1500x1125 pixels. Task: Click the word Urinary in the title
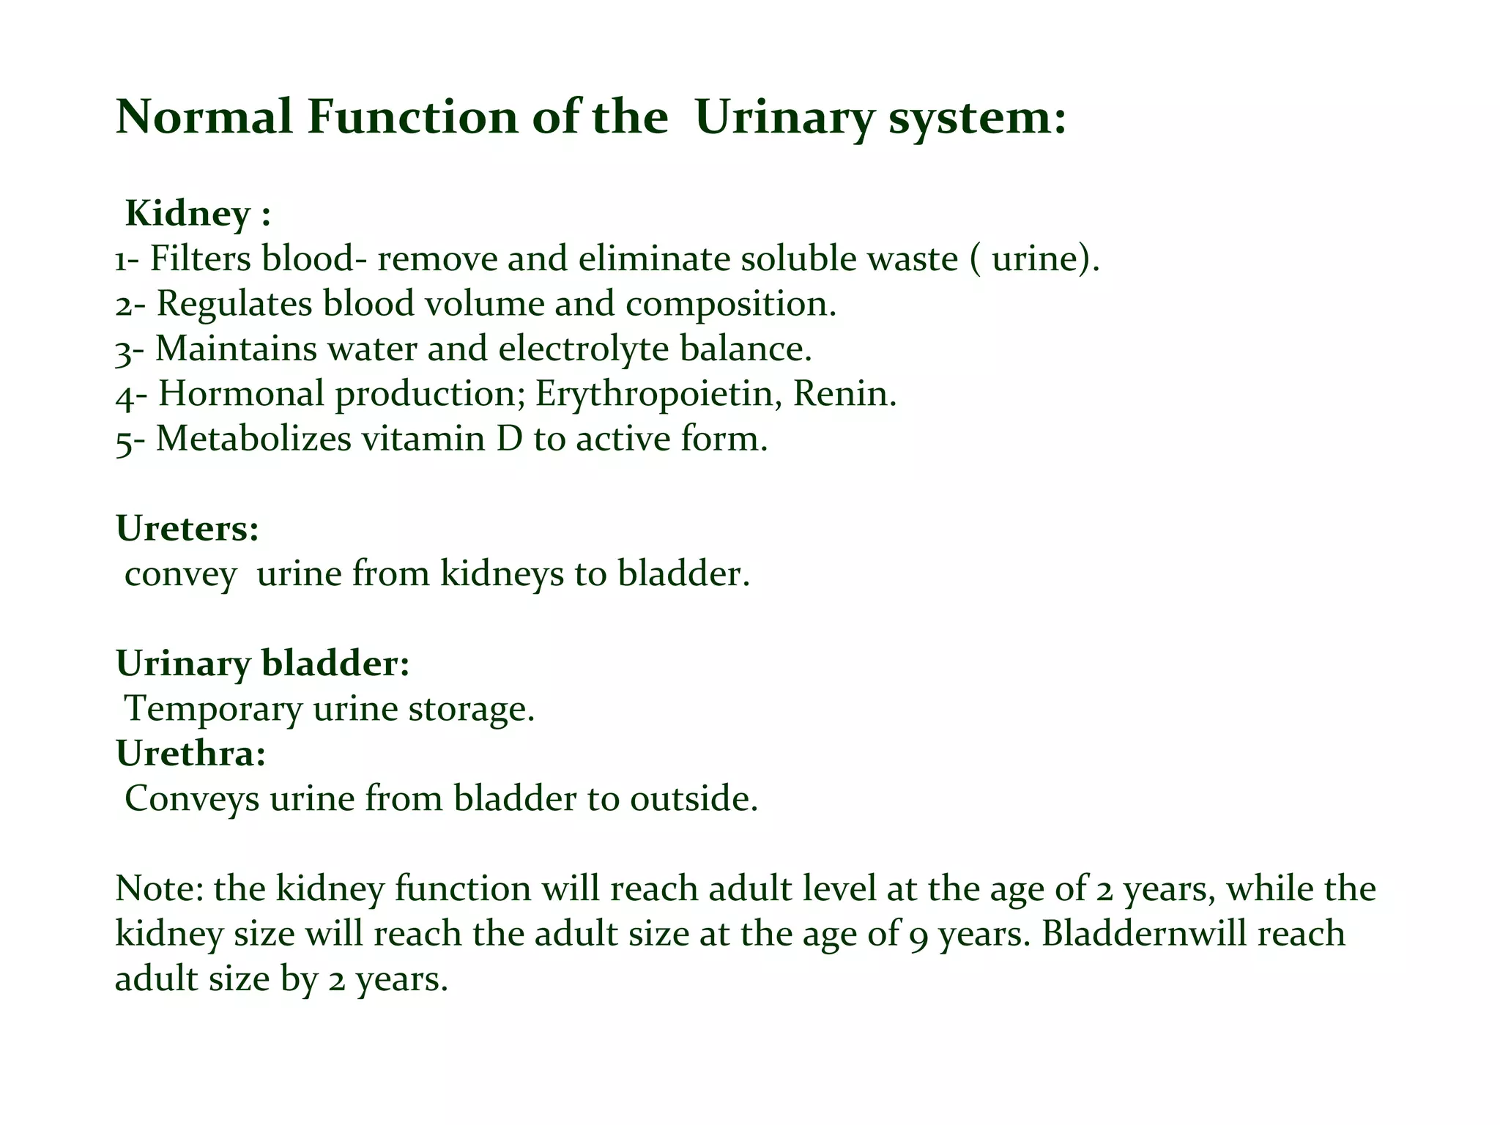(784, 119)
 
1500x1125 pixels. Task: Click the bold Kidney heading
(188, 214)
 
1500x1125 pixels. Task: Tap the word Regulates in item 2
(234, 304)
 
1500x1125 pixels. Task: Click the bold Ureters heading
(187, 529)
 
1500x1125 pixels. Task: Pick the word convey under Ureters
(180, 574)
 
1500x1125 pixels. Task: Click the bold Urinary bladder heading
(262, 664)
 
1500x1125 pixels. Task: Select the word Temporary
(213, 709)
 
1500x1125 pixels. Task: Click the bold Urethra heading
(190, 754)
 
